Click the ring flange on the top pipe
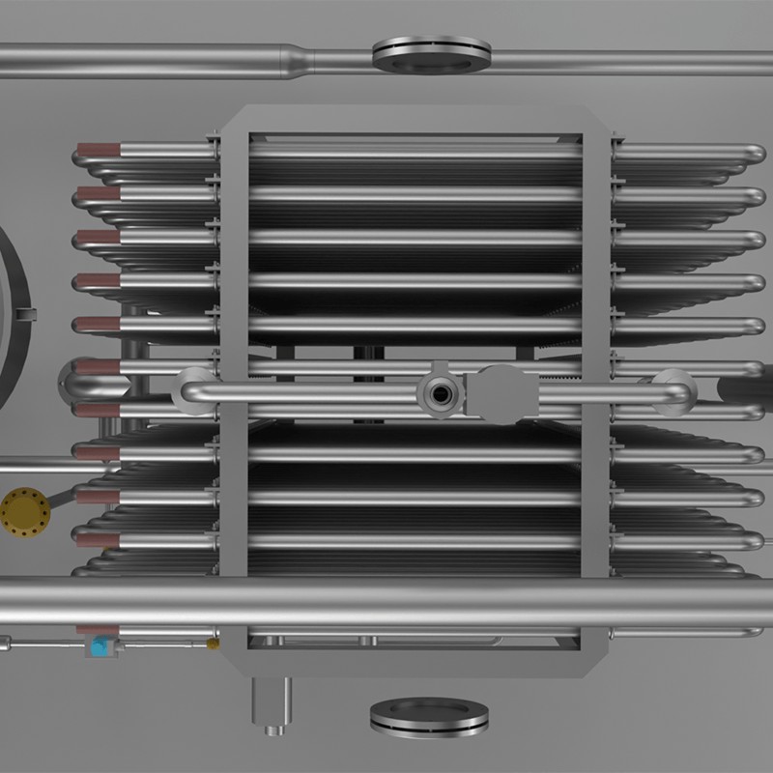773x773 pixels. tap(431, 54)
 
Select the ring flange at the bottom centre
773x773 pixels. tap(429, 716)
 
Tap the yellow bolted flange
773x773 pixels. tap(20, 507)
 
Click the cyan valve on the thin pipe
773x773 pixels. tap(99, 644)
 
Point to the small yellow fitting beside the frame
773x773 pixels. tap(213, 643)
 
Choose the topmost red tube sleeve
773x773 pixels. tap(98, 150)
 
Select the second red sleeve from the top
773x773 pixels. tap(98, 193)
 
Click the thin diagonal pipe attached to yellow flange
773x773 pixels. tap(60, 497)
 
